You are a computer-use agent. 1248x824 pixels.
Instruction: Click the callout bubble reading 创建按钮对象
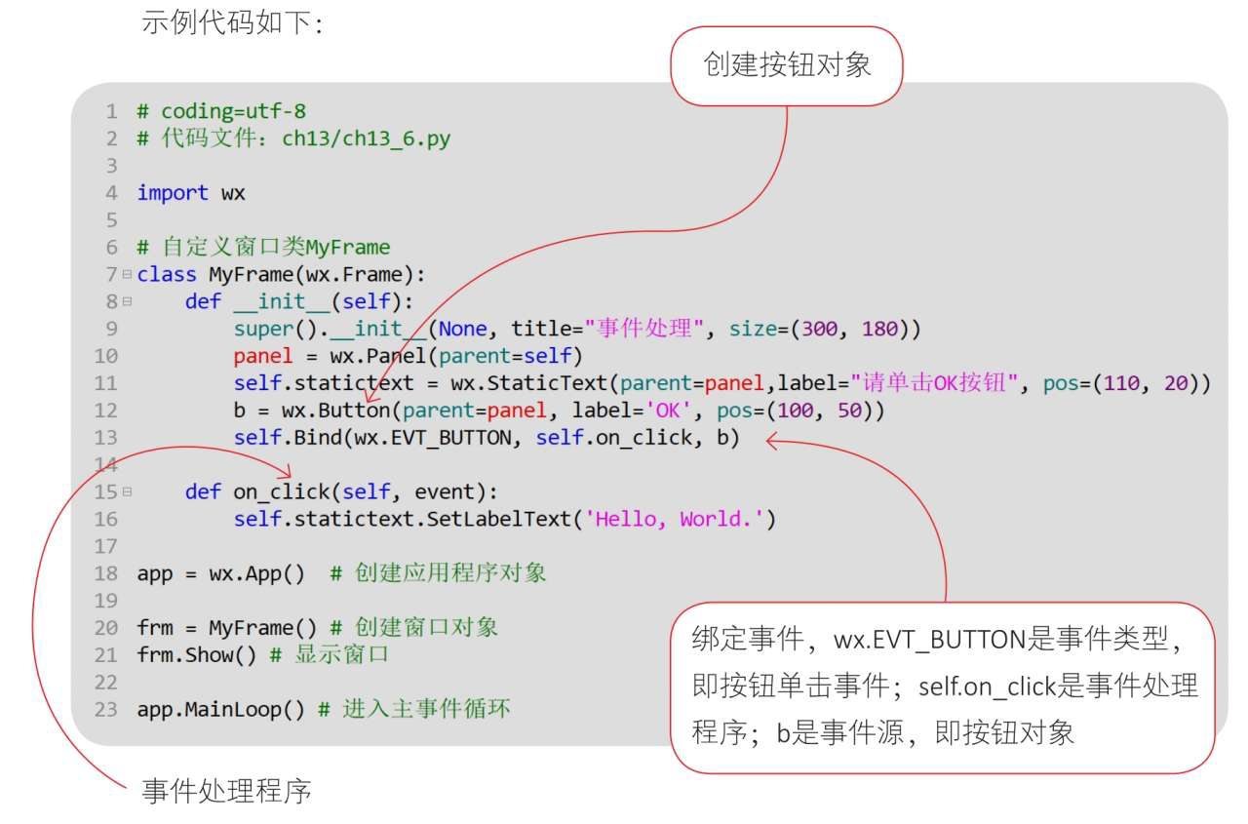coord(787,65)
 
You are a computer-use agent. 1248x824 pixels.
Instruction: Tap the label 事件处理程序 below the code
coord(226,791)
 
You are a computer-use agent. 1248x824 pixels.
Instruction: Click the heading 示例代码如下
coord(232,21)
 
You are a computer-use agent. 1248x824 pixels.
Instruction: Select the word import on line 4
coord(173,192)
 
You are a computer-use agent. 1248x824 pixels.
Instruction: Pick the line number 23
coord(106,709)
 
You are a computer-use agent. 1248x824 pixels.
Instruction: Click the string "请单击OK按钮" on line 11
coord(934,383)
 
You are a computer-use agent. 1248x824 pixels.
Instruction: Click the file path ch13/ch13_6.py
coord(367,137)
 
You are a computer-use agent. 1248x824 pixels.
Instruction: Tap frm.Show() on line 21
coord(197,654)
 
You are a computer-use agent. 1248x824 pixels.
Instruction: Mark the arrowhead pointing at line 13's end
coord(772,441)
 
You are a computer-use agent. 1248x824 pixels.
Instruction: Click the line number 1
coord(112,110)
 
